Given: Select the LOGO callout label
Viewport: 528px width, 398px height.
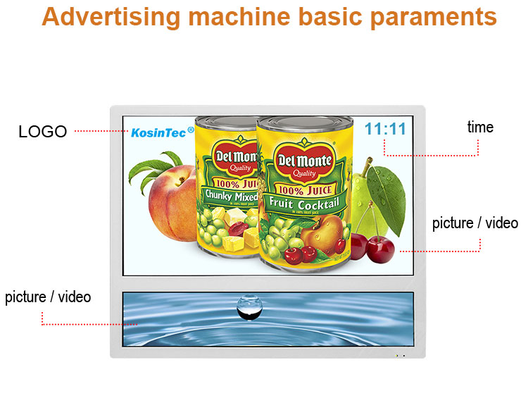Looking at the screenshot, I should click(x=42, y=132).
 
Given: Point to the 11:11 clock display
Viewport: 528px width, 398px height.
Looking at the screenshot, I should click(x=385, y=129).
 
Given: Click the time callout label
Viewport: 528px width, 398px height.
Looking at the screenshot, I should click(x=480, y=128).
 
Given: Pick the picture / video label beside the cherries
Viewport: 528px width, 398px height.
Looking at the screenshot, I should click(x=474, y=223).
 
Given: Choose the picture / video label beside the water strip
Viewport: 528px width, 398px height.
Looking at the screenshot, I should click(x=48, y=297).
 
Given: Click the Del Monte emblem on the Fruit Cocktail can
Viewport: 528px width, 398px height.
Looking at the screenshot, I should click(x=304, y=161).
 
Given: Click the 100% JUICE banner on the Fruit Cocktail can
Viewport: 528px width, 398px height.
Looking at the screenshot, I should click(x=303, y=189).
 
